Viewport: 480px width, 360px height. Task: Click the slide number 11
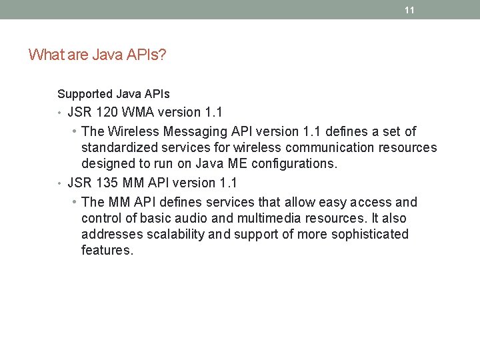coord(409,10)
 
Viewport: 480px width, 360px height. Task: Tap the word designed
coord(109,163)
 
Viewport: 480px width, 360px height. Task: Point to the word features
coord(107,251)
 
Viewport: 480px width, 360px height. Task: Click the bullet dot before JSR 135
coord(60,183)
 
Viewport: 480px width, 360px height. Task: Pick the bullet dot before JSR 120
coord(60,113)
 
